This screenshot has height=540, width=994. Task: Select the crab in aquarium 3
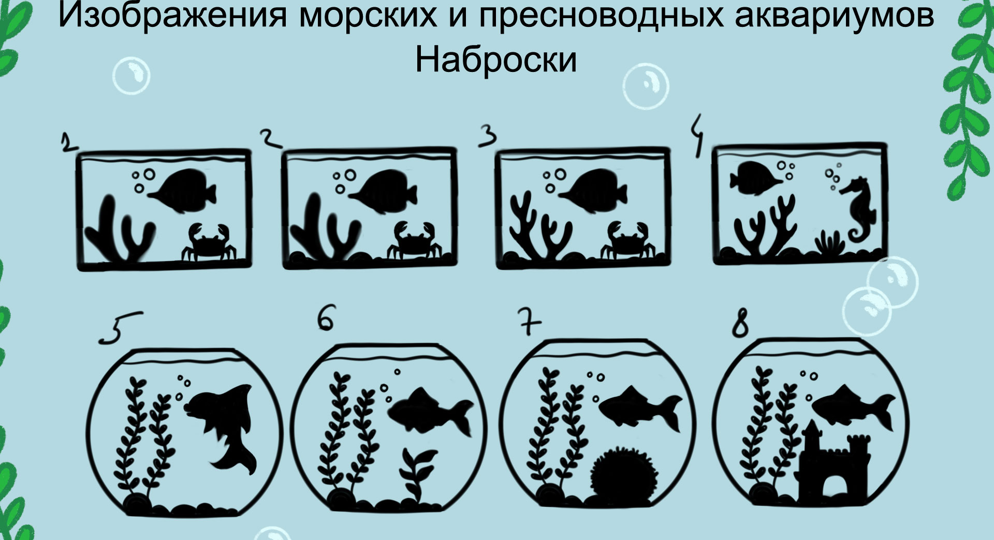(626, 239)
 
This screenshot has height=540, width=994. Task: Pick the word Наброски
(496, 60)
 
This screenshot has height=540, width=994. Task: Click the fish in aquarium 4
(756, 178)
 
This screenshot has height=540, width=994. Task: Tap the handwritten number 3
(488, 136)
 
